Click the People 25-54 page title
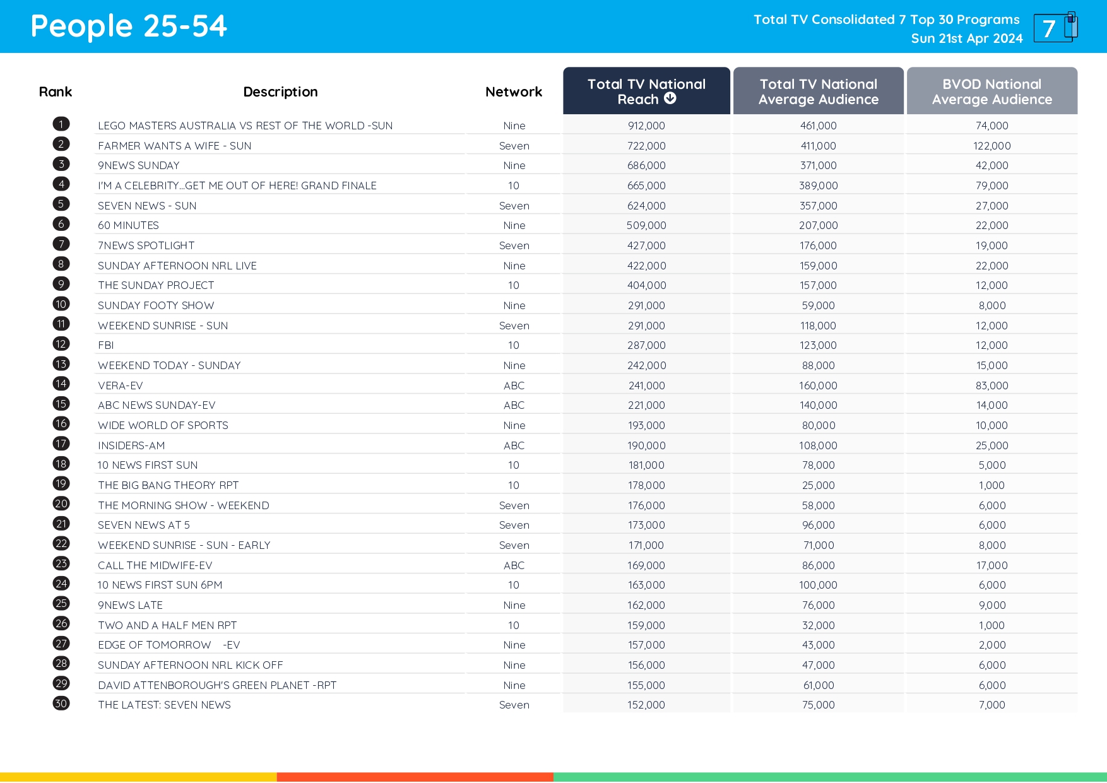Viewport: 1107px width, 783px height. click(x=129, y=26)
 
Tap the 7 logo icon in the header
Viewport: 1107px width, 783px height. click(x=1055, y=28)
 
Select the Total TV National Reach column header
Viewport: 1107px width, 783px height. click(x=646, y=91)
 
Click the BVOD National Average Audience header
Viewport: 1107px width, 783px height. click(x=992, y=91)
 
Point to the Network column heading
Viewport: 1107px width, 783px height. click(x=514, y=92)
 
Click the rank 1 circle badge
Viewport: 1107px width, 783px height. click(x=61, y=124)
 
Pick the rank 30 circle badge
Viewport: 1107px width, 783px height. click(x=61, y=704)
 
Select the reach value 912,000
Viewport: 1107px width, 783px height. click(x=646, y=126)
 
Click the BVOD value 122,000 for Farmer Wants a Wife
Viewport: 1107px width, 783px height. click(x=992, y=146)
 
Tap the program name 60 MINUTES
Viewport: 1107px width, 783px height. click(x=128, y=225)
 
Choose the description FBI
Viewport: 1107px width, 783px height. click(x=106, y=345)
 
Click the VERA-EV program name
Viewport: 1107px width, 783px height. click(x=121, y=386)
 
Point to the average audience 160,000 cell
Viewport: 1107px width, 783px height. click(x=818, y=386)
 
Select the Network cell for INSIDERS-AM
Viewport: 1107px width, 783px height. click(x=514, y=445)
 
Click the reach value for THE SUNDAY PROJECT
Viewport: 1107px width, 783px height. click(x=646, y=285)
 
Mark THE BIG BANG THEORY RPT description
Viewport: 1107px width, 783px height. click(x=169, y=485)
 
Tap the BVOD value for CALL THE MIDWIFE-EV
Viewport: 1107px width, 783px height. click(x=992, y=565)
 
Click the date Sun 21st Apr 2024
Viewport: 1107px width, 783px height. click(x=966, y=38)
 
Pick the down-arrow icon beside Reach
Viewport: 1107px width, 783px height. click(x=670, y=98)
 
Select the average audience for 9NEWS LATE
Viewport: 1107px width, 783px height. click(x=818, y=605)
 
